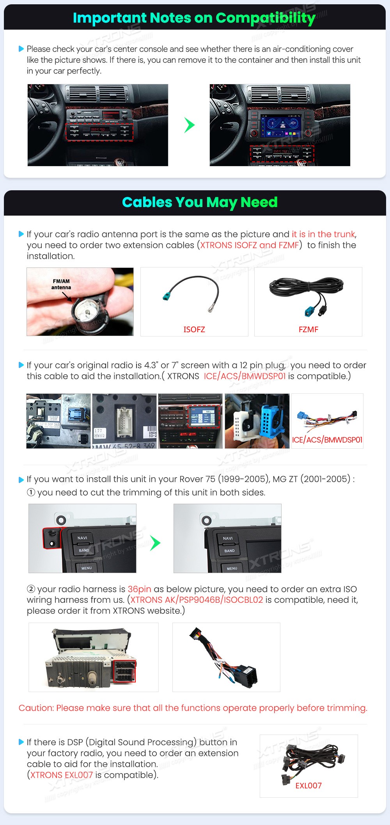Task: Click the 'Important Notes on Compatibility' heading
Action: (x=194, y=18)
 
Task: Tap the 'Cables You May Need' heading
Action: (x=200, y=202)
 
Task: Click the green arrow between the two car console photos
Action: (x=189, y=125)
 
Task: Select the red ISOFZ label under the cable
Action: (x=194, y=329)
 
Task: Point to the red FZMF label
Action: (x=308, y=329)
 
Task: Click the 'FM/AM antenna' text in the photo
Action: (x=61, y=284)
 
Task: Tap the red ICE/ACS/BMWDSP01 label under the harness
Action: (x=327, y=440)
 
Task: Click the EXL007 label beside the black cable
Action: (x=308, y=786)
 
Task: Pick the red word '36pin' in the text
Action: (x=139, y=589)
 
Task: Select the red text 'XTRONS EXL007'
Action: (x=62, y=775)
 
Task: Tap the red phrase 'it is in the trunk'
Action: (x=323, y=234)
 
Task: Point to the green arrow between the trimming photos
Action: (x=155, y=543)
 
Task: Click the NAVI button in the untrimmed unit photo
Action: (x=82, y=538)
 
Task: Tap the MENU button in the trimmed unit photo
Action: (x=232, y=568)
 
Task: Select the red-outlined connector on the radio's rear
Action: (x=124, y=671)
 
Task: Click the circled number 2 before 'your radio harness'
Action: (x=31, y=589)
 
